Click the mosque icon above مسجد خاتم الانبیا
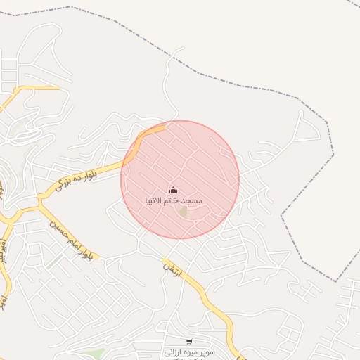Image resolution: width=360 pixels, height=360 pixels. coord(173,190)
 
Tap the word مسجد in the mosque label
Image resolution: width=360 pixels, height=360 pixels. coord(192,201)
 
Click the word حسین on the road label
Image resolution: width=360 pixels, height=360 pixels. coord(56,225)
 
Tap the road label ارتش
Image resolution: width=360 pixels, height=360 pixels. coord(173,271)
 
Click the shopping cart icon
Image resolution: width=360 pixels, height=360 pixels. coord(188,342)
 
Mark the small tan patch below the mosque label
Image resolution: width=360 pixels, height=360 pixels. coord(183,212)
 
